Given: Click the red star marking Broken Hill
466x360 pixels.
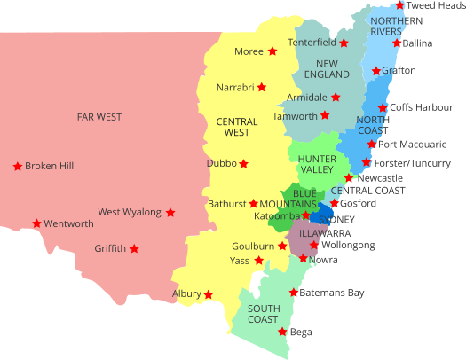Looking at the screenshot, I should [x=17, y=166].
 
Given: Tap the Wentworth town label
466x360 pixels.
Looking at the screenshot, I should [x=68, y=223].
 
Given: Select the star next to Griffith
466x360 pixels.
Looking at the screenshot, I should [x=134, y=248].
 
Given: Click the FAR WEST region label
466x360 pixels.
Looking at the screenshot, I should [x=99, y=116].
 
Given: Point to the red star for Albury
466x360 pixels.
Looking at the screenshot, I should [x=209, y=294].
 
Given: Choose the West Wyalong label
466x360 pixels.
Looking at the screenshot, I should [x=130, y=212].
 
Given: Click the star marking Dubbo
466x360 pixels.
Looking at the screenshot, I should [x=243, y=163].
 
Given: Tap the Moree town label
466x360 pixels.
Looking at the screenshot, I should [x=249, y=51].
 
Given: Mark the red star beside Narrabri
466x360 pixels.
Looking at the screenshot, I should [x=262, y=87].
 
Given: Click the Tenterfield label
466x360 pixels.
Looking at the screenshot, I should [x=312, y=43].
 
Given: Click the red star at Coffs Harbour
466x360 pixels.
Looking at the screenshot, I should [x=383, y=107].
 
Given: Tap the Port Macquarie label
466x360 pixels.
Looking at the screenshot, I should [x=413, y=144].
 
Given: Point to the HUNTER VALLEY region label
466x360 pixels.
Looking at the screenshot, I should [x=316, y=164].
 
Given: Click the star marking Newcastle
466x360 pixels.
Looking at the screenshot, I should [x=349, y=178].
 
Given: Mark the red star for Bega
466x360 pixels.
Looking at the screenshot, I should [x=282, y=332].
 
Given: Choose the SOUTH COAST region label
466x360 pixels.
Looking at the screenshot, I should [x=263, y=313].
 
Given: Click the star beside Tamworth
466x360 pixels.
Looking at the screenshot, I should [x=325, y=115].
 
